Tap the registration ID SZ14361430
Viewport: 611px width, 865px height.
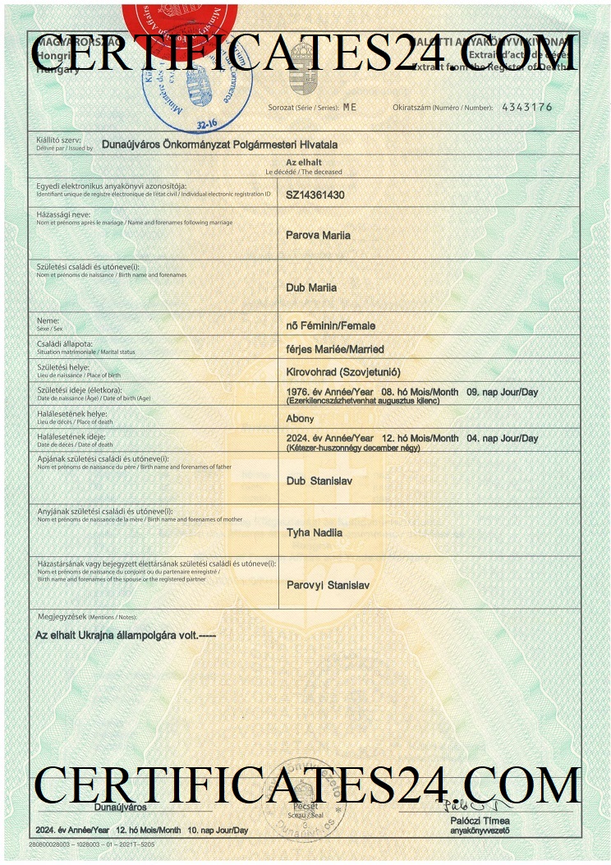(315, 195)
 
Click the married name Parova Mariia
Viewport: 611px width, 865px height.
(318, 236)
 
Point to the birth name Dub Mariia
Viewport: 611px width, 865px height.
(311, 288)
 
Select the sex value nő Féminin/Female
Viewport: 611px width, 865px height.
(330, 326)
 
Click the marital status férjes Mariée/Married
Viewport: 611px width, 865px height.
(334, 349)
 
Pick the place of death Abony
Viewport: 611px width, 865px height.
(300, 418)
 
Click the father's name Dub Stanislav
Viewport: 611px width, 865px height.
(319, 481)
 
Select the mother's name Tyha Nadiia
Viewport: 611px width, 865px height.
(314, 533)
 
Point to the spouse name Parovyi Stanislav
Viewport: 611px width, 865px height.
(328, 585)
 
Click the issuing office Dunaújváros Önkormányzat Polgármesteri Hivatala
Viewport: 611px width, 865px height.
(219, 145)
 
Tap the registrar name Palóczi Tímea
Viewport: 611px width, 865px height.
(480, 821)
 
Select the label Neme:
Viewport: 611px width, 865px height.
(48, 320)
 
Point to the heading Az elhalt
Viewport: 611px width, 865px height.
(303, 163)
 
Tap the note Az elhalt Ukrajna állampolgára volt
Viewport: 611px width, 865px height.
(125, 635)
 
